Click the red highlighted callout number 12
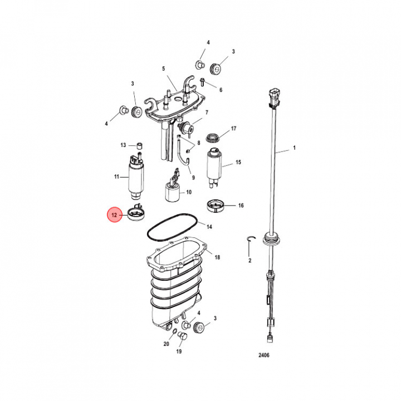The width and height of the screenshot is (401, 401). point(114,215)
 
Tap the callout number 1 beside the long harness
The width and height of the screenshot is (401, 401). point(295,148)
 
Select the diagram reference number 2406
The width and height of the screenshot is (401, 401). point(263,355)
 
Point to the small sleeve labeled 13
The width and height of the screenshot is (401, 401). point(140,146)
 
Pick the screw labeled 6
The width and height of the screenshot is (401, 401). point(203,82)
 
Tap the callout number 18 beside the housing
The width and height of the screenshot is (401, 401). point(217,257)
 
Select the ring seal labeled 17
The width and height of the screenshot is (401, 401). point(213,138)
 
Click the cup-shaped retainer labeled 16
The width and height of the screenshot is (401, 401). point(216,206)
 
